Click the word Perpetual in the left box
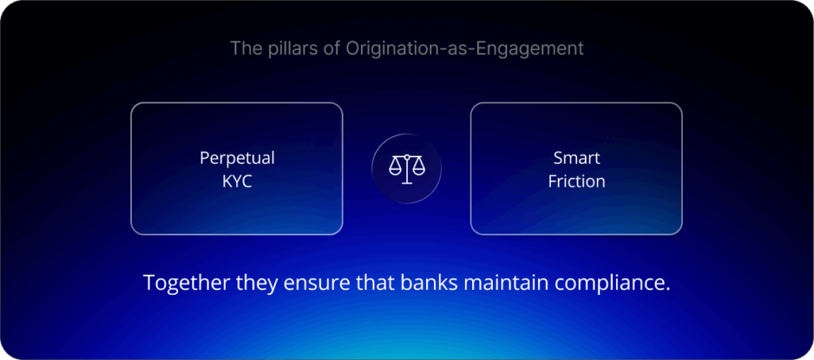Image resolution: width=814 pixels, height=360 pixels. click(237, 157)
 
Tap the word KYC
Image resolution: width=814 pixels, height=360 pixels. click(237, 180)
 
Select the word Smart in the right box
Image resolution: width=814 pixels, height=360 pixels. click(576, 157)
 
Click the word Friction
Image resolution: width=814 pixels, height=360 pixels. click(576, 181)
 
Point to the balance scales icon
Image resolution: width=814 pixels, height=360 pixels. click(406, 168)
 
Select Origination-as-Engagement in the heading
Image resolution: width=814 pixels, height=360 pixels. click(464, 48)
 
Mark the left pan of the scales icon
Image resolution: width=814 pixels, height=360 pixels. click(395, 169)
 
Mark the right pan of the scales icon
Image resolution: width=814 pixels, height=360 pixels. click(417, 169)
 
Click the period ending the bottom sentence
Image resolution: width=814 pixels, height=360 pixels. click(666, 289)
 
